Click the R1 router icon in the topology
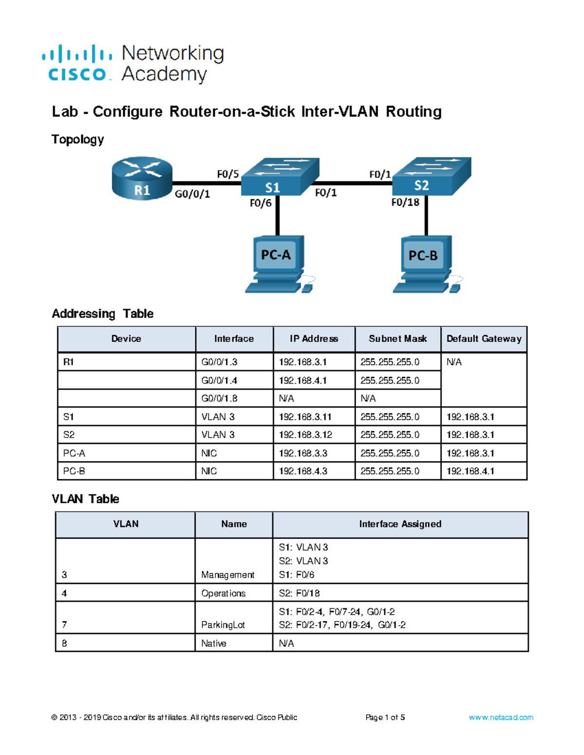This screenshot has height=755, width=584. click(x=142, y=178)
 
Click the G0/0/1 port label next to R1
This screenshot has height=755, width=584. click(x=192, y=194)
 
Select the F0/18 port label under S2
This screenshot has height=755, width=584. click(x=405, y=202)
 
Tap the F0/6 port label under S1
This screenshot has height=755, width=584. click(x=260, y=203)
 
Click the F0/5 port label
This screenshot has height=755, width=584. click(x=228, y=174)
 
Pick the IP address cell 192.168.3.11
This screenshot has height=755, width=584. click(x=305, y=417)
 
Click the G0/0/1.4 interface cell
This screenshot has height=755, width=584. click(x=219, y=380)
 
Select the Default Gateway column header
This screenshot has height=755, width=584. click(x=484, y=339)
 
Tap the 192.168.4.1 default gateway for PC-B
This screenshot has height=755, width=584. click(x=470, y=471)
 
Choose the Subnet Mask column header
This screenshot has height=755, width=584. click(x=398, y=339)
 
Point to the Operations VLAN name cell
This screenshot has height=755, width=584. click(x=223, y=593)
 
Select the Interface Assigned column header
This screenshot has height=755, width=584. click(x=400, y=524)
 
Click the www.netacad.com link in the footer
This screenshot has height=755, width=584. click(x=501, y=718)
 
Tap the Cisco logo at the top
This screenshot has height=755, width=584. click(x=77, y=63)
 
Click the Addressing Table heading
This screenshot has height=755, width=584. click(x=103, y=314)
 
